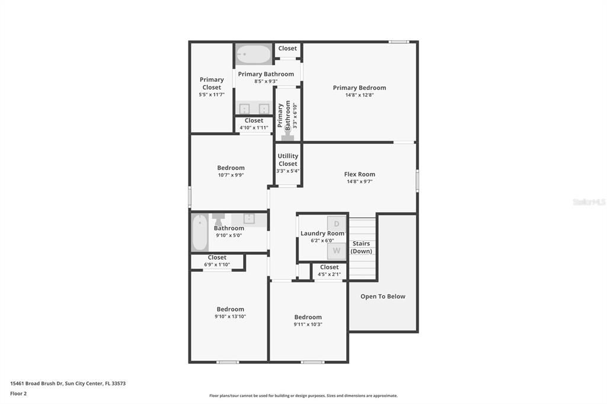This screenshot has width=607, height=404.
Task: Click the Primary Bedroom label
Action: pos(359,88)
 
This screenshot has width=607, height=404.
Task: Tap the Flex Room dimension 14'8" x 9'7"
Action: pos(359,182)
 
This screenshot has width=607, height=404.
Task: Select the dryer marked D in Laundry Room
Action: pos(337,224)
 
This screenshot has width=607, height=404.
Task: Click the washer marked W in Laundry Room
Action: pos(337,251)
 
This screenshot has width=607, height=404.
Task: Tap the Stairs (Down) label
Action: pos(361,247)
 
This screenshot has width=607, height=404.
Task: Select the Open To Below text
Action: pos(383,296)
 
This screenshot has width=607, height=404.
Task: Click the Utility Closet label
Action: pos(288,160)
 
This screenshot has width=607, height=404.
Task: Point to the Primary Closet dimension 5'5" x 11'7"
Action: pos(212,95)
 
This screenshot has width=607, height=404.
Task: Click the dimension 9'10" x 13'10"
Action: pos(230,317)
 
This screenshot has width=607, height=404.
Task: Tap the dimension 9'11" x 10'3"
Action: pos(308,325)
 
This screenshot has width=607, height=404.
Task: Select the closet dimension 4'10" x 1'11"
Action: pos(254,128)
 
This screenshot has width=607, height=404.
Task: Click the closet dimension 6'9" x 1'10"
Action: pos(217,265)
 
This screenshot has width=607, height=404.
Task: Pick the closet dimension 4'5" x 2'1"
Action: pos(329,274)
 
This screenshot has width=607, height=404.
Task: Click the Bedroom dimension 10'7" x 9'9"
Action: pos(231,175)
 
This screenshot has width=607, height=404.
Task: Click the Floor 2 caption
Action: pos(18,393)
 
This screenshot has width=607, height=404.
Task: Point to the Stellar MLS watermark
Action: pos(589,202)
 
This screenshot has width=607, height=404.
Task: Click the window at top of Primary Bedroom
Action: pos(398,41)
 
